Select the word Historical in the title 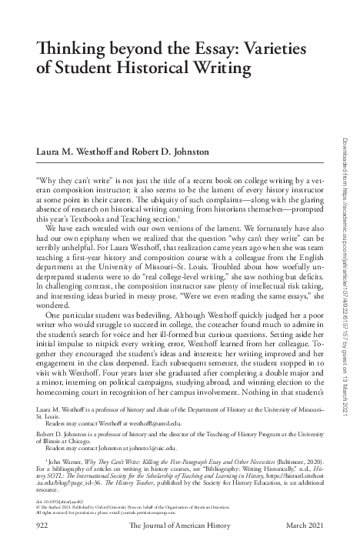(x=147, y=69)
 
